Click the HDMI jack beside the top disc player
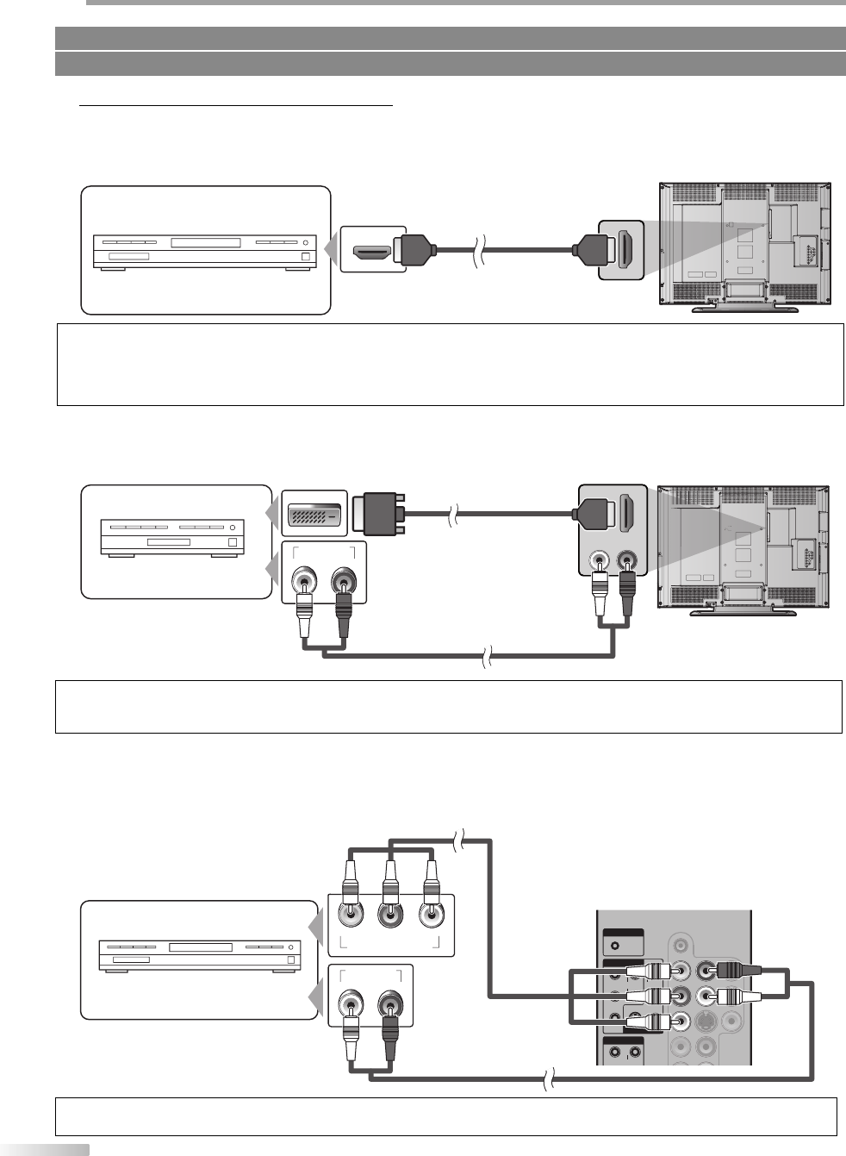(372, 252)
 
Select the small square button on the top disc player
(305, 255)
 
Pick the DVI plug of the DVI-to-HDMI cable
(380, 514)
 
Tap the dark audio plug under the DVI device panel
(344, 608)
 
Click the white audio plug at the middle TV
(600, 595)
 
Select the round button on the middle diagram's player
(232, 527)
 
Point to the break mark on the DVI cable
(453, 516)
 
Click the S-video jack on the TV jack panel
(705, 1022)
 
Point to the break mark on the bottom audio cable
(547, 1078)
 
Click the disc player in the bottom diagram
(199, 958)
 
